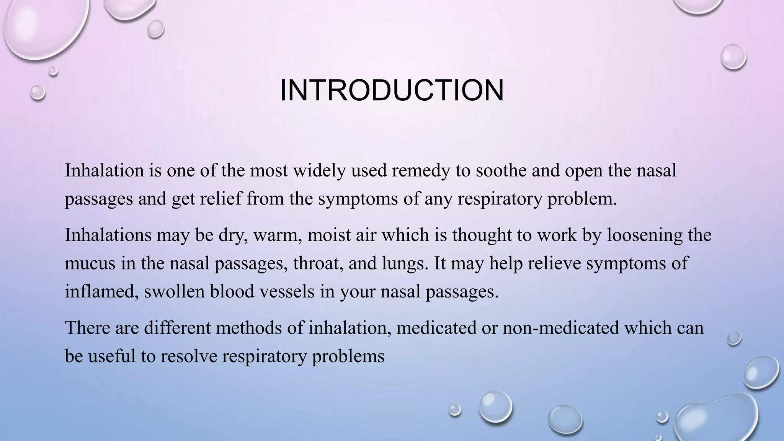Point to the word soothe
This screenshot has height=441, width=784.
coord(500,170)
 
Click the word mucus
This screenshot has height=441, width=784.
coord(90,263)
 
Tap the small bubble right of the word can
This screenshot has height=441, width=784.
coord(734,338)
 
